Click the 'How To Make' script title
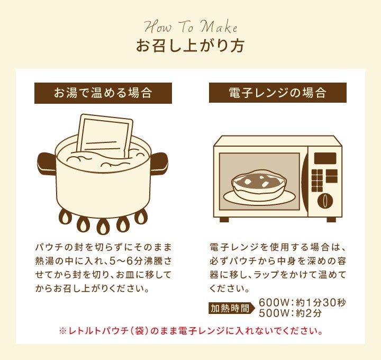pyautogui.click(x=190, y=27)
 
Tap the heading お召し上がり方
pyautogui.click(x=190, y=46)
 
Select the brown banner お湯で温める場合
pyautogui.click(x=103, y=93)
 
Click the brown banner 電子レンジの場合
pyautogui.click(x=278, y=93)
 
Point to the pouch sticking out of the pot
pyautogui.click(x=105, y=136)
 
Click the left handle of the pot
pyautogui.click(x=47, y=164)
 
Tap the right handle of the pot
pyautogui.click(x=159, y=164)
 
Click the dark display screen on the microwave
pyautogui.click(x=325, y=158)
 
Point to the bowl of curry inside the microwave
pyautogui.click(x=259, y=183)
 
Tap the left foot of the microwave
pyautogui.click(x=224, y=220)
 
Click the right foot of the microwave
pyautogui.click(x=331, y=220)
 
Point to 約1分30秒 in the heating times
pyautogui.click(x=321, y=303)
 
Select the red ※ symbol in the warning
pyautogui.click(x=62, y=331)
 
